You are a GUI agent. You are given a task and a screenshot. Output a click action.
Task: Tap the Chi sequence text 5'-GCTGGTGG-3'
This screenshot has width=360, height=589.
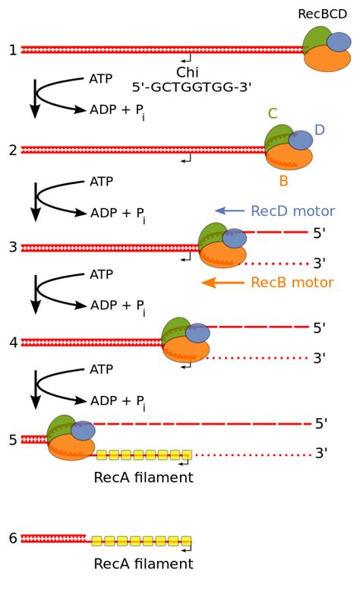tap(191, 87)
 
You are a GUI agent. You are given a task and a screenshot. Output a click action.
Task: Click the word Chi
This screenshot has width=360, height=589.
tap(187, 72)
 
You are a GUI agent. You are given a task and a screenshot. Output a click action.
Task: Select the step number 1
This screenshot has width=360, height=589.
tap(12, 50)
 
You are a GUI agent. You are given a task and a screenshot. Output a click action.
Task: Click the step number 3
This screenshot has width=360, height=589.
tap(12, 247)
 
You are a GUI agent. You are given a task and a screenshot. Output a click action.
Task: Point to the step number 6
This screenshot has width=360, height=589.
tap(12, 538)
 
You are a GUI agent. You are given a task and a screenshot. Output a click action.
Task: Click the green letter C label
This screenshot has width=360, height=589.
tap(272, 114)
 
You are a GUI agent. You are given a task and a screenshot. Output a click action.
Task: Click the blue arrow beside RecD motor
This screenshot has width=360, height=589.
tap(229, 211)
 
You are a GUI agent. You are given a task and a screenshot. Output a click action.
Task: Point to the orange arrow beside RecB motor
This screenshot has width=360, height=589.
tap(223, 283)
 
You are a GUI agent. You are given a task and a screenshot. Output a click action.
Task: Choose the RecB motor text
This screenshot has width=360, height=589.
tap(292, 283)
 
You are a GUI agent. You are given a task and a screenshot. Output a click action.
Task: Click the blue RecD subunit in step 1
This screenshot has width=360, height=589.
tap(339, 42)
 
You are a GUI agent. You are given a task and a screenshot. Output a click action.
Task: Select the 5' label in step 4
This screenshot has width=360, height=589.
tap(320, 328)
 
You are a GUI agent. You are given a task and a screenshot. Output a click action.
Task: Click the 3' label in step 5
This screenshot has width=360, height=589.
tap(321, 454)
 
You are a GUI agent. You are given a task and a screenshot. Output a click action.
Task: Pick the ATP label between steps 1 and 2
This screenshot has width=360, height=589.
tap(101, 79)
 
